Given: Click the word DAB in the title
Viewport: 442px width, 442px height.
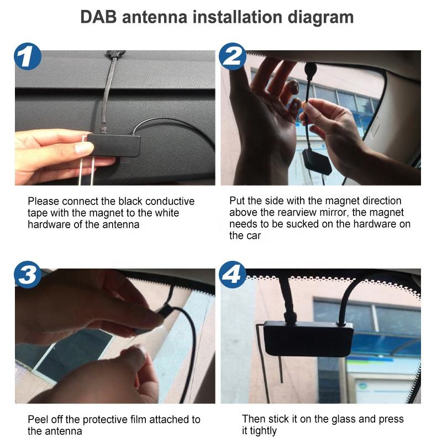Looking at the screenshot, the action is click(x=98, y=17).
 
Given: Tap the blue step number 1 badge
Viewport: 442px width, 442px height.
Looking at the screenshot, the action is click(x=28, y=56).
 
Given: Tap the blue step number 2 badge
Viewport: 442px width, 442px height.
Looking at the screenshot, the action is click(x=233, y=56).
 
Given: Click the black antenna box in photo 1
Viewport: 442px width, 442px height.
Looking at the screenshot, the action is click(x=114, y=145).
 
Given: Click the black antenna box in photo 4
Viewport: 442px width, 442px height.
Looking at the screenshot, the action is click(x=308, y=338).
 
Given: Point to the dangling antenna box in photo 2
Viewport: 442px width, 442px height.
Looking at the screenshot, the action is click(x=316, y=161).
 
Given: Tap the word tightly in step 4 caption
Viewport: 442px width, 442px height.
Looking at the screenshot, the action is click(x=264, y=431).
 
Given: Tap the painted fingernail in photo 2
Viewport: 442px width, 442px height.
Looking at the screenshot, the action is click(x=294, y=86).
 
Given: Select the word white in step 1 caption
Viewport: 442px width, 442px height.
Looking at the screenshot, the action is click(x=166, y=213).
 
